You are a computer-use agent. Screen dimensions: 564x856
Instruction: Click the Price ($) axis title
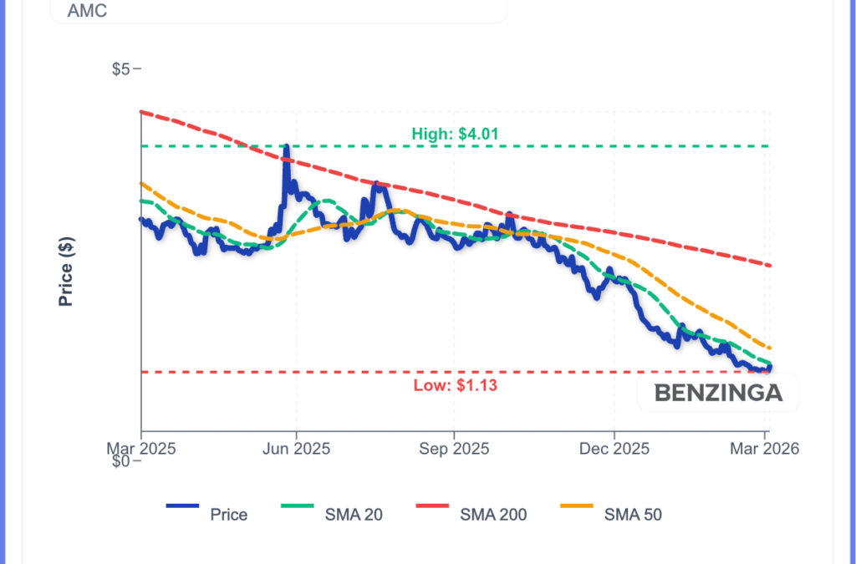coord(66,272)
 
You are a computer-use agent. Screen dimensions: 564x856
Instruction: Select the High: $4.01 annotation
coord(456,133)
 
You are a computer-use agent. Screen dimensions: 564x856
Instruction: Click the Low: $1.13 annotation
coord(455,385)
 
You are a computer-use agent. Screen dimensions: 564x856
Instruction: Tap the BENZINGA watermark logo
coord(718,393)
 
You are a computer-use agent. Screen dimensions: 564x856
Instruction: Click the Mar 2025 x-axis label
coord(140,449)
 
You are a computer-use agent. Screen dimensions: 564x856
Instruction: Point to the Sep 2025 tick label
coord(453,449)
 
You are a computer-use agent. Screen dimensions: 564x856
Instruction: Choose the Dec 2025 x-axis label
coord(614,449)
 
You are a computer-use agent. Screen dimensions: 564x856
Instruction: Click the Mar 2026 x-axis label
coord(764,449)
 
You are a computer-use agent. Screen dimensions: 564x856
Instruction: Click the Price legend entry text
coord(228,515)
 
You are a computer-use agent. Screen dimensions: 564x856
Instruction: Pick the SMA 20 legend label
coord(354,515)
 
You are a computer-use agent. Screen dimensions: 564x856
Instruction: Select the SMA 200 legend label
coord(493,515)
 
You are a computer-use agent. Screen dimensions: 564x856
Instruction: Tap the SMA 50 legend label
coord(633,515)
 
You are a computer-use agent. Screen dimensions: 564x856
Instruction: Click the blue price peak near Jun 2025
coord(287,149)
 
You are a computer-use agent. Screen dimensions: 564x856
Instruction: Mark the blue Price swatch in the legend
coord(183,506)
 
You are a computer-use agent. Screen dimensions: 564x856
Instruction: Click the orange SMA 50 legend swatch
coord(575,506)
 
